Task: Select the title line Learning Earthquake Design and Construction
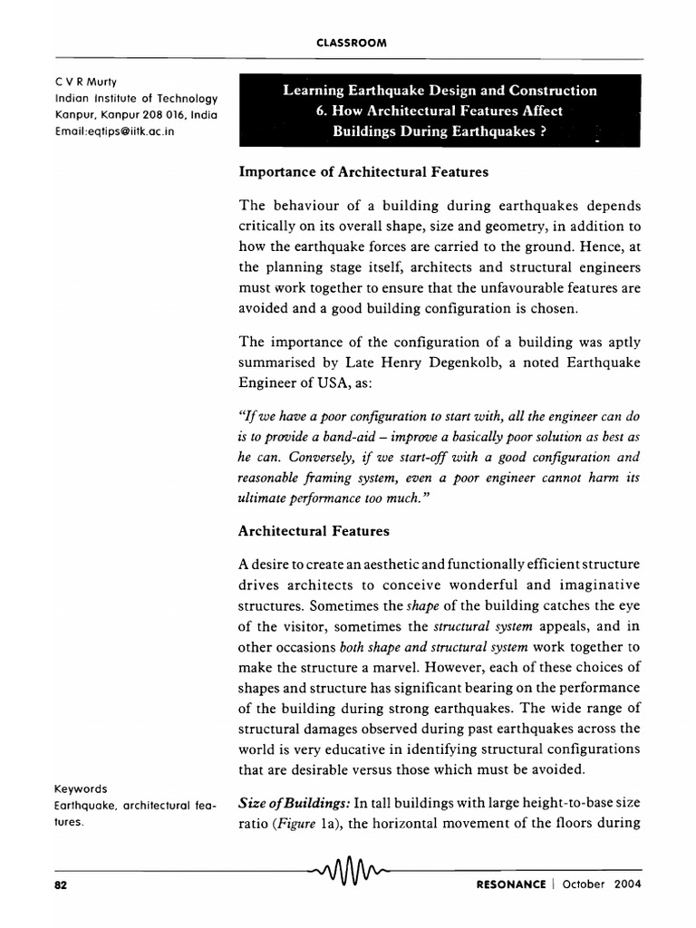click(440, 91)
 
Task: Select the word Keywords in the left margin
click(81, 788)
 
